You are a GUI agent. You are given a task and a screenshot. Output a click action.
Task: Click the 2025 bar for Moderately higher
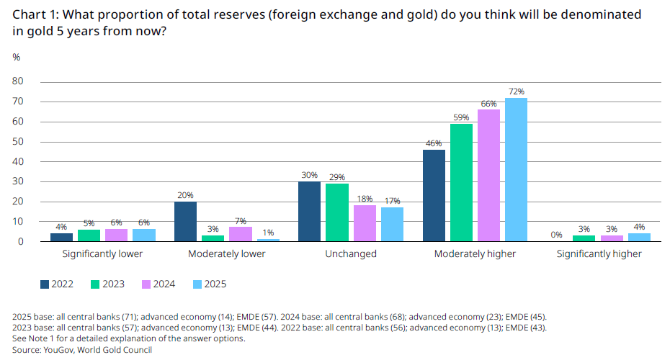pos(516,170)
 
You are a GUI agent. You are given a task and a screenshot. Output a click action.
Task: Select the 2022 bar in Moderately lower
pos(185,222)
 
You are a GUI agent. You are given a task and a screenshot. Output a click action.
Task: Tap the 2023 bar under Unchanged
pos(336,212)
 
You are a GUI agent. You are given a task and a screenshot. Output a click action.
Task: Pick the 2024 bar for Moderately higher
pos(488,176)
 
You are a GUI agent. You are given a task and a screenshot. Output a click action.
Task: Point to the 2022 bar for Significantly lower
pos(61,238)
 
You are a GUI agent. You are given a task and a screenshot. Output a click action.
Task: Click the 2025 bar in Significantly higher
pos(640,238)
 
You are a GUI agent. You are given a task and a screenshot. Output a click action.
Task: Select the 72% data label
pos(516,91)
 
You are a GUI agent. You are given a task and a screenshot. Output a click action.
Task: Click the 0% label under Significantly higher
pos(557,235)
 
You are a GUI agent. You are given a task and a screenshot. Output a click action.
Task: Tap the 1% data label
pos(268,233)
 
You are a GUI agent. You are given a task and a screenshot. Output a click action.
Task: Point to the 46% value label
pos(434,143)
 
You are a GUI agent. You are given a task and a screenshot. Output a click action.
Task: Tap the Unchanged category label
pos(351,254)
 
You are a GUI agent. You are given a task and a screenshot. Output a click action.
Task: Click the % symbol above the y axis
pos(17,57)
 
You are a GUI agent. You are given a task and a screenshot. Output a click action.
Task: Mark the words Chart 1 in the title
pos(34,15)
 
